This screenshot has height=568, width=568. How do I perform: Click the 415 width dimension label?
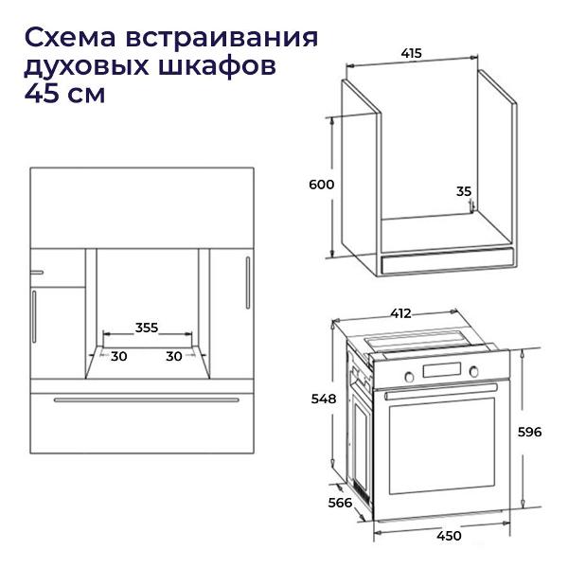click(412, 54)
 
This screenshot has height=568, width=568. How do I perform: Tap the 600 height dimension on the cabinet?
click(321, 185)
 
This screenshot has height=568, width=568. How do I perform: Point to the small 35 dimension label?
click(464, 191)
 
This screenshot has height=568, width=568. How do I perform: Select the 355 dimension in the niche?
click(147, 328)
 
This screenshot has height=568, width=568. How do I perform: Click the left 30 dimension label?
click(119, 356)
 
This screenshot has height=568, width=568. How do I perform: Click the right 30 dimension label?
click(174, 356)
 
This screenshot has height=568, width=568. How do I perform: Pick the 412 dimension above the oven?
click(400, 313)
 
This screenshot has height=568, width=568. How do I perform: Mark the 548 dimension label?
click(324, 399)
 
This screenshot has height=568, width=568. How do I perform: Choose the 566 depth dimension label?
click(340, 503)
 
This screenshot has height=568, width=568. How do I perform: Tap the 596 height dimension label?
click(529, 432)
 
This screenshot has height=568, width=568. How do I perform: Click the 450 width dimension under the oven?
click(449, 536)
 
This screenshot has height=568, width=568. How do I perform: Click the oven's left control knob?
click(409, 377)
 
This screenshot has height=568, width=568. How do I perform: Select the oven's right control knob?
click(474, 371)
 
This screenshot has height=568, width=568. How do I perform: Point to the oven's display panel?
click(441, 370)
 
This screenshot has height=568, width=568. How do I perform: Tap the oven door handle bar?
click(441, 391)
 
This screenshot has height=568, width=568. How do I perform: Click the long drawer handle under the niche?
click(147, 399)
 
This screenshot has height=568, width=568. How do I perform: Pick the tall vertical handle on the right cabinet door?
click(248, 282)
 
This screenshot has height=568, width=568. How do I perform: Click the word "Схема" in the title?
click(70, 38)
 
